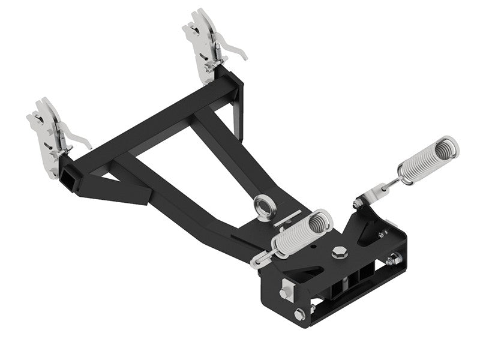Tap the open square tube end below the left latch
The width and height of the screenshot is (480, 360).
click(x=67, y=173)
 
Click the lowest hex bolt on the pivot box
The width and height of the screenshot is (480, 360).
click(x=299, y=313)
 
